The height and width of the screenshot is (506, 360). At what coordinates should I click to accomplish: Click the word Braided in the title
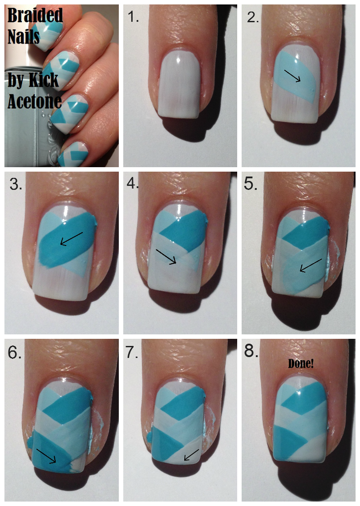coord(35,15)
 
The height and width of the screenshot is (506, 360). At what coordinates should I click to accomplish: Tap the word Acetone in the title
coord(34,101)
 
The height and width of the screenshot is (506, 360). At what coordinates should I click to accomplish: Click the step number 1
coord(133,17)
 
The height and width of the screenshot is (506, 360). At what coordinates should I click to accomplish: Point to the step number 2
coord(253,17)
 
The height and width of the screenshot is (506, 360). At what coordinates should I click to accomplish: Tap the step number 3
coord(16,184)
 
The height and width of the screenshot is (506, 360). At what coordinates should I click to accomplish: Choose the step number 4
coord(132,183)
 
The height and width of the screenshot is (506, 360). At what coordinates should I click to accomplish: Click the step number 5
coord(251,184)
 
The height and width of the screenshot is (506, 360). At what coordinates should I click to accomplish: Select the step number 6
coord(15,353)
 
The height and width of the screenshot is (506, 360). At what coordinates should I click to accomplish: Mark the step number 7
coord(132,352)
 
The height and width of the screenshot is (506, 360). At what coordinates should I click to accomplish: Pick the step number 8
coord(251,351)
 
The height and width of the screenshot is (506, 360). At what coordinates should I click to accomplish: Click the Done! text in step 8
coord(300,363)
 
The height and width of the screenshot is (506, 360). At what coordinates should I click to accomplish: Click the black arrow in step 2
coord(292,75)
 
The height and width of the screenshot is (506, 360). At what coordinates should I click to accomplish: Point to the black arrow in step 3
coord(72,238)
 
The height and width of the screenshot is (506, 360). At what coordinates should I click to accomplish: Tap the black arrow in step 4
coord(166,257)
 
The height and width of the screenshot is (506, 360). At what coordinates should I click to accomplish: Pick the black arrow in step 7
coord(191,455)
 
